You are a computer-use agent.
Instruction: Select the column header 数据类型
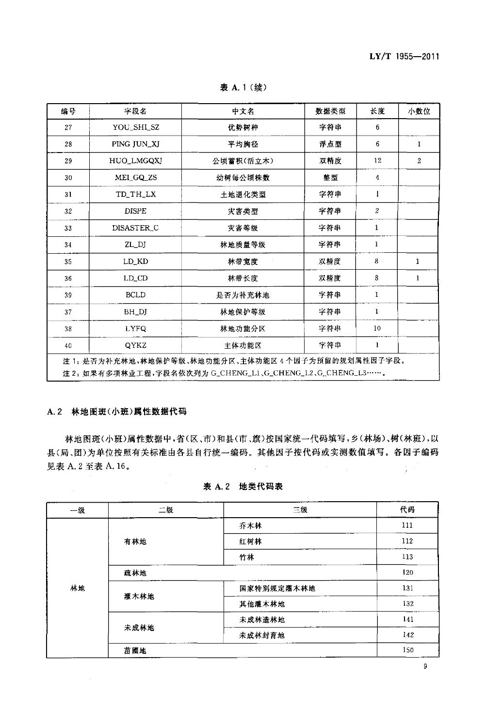pyautogui.click(x=330, y=111)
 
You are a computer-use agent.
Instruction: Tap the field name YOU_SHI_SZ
pyautogui.click(x=135, y=127)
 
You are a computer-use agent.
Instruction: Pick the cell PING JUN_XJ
pyautogui.click(x=135, y=144)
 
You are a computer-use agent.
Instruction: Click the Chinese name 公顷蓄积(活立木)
pyautogui.click(x=242, y=161)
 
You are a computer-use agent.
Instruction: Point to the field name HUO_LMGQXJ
pyautogui.click(x=135, y=161)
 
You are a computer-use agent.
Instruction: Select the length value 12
pyautogui.click(x=377, y=161)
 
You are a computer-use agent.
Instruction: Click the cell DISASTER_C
pyautogui.click(x=135, y=228)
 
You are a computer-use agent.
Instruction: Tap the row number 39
pyautogui.click(x=68, y=295)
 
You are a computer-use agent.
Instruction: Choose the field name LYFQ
pyautogui.click(x=135, y=328)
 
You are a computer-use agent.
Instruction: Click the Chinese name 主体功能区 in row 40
pyautogui.click(x=242, y=345)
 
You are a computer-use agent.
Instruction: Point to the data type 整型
pyautogui.click(x=330, y=178)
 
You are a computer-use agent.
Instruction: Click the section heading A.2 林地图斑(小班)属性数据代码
pyautogui.click(x=117, y=412)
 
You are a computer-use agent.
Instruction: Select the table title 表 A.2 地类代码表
pyautogui.click(x=242, y=487)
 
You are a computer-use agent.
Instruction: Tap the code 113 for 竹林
pyautogui.click(x=407, y=557)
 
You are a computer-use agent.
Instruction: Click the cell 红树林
pyautogui.click(x=250, y=541)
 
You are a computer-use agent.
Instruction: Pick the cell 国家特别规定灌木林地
pyautogui.click(x=277, y=588)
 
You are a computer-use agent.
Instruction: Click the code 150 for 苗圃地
pyautogui.click(x=407, y=650)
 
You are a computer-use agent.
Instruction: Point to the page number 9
pyautogui.click(x=425, y=667)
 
